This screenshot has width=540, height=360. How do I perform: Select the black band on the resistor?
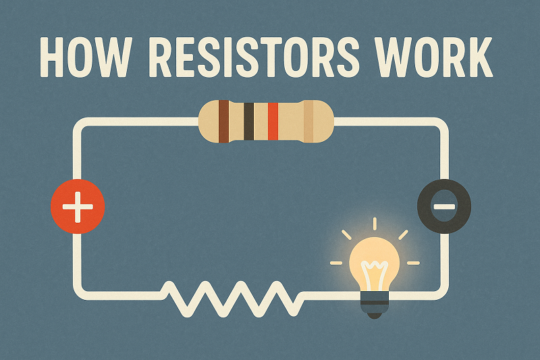[248, 122]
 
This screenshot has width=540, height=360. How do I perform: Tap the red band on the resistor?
[273, 122]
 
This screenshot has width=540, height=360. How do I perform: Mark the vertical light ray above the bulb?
[374, 225]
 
